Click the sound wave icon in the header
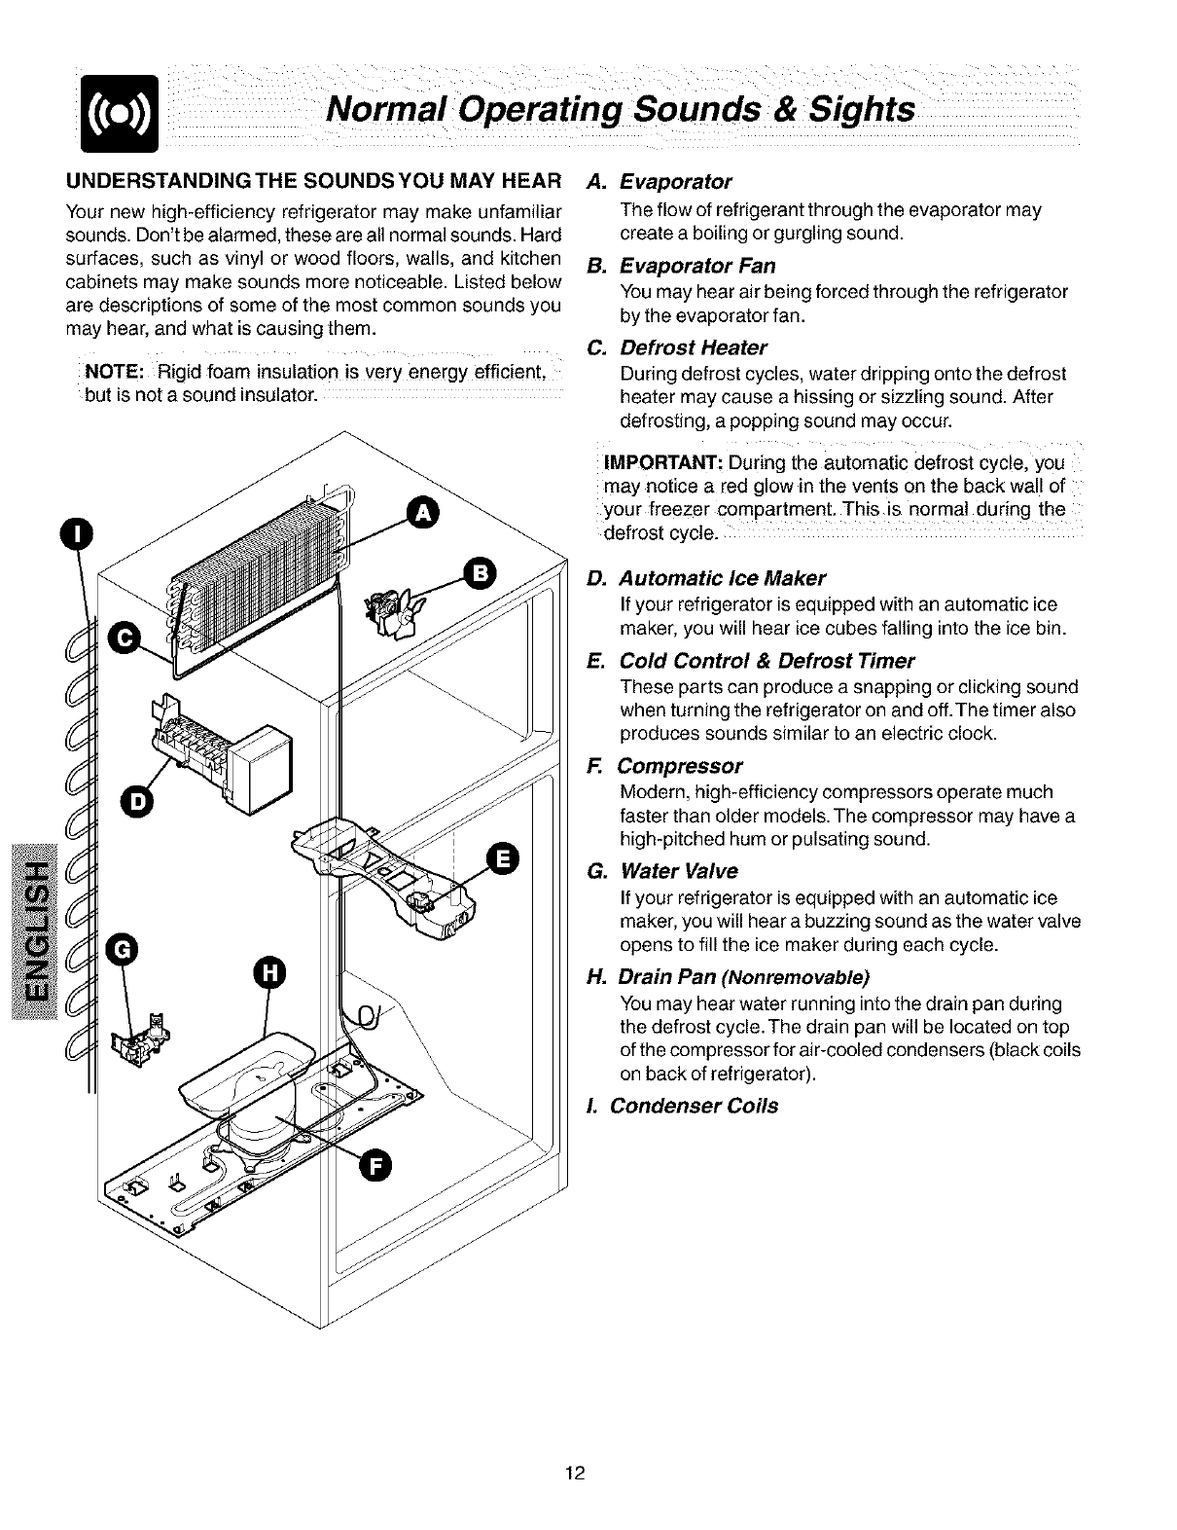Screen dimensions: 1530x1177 pyautogui.click(x=122, y=116)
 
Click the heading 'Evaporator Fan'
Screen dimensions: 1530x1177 pyautogui.click(x=697, y=267)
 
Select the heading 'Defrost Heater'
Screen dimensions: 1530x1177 pyautogui.click(x=694, y=348)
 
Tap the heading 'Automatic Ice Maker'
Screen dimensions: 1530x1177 pyautogui.click(x=722, y=578)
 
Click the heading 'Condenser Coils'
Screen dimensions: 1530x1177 pyautogui.click(x=694, y=1107)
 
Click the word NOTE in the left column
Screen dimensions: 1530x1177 pyautogui.click(x=115, y=372)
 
